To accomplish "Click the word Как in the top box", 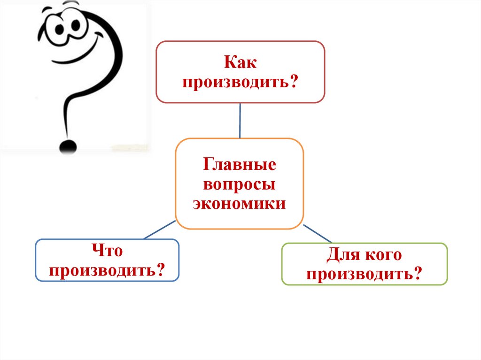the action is (240, 63).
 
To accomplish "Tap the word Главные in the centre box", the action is (240, 165).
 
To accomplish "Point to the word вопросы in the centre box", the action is (240, 184).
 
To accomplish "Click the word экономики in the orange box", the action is (240, 204).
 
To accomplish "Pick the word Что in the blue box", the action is (107, 251).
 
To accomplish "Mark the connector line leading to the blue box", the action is (159, 230).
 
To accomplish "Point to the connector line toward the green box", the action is (318, 233).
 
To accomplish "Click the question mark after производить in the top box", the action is (295, 82).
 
